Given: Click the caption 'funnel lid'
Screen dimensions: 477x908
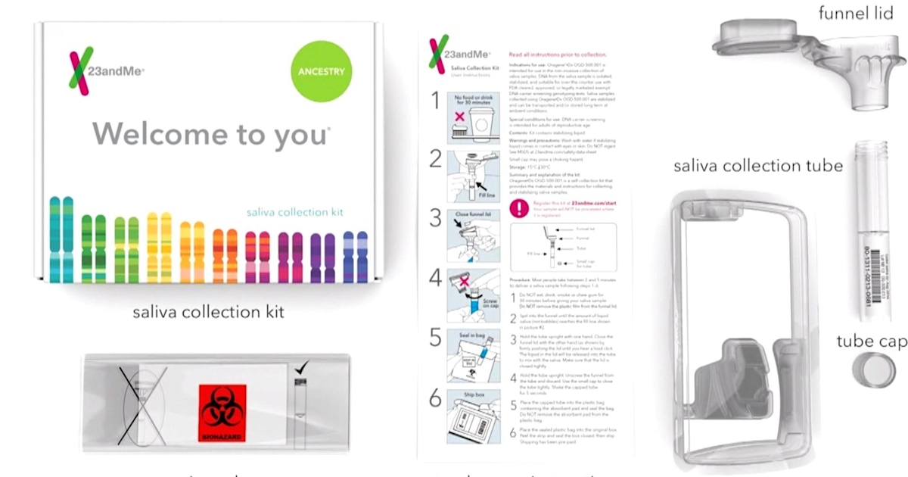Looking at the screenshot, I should click(855, 14).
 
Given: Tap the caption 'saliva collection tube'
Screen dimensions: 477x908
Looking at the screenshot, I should click(758, 166).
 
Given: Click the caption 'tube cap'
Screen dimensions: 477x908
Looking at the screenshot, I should click(871, 341).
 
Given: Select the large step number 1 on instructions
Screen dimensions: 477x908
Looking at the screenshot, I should click(436, 102).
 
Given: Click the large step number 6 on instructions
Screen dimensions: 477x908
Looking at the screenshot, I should click(436, 397).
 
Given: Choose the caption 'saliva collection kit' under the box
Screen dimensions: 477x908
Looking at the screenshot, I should click(209, 311).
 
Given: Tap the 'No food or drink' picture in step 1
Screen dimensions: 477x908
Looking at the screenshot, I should click(474, 118).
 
